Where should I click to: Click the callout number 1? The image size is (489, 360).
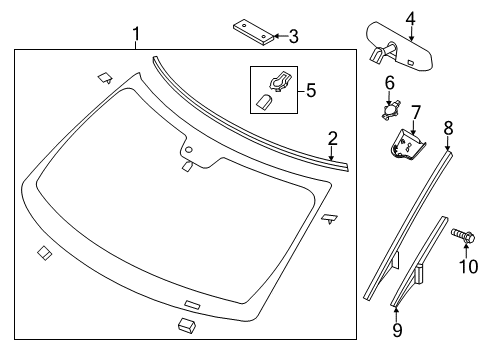click(x=137, y=38)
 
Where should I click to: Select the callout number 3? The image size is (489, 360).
click(x=292, y=37)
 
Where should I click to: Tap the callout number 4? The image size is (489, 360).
click(x=411, y=16)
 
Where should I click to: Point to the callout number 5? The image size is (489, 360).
click(x=310, y=90)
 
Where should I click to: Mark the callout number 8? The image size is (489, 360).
click(x=448, y=127)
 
